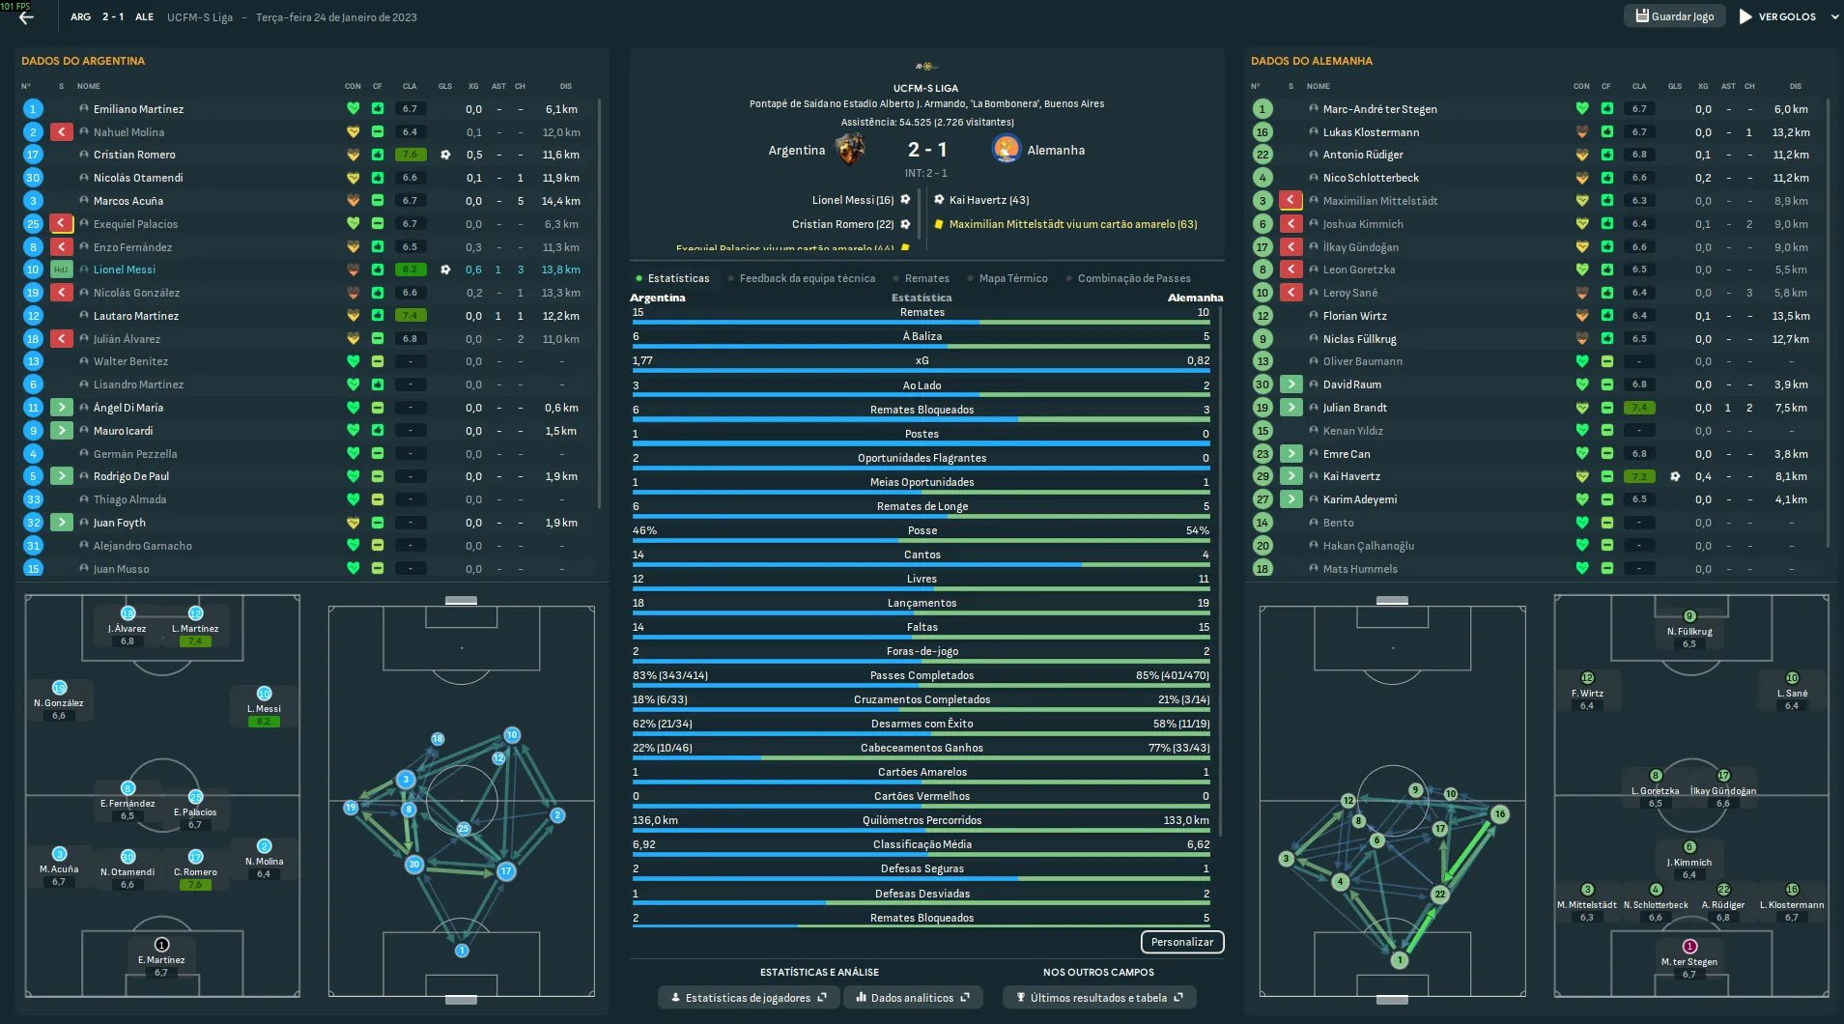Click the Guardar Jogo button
pyautogui.click(x=1675, y=16)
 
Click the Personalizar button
pyautogui.click(x=1181, y=942)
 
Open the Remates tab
pyautogui.click(x=926, y=278)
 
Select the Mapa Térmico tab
pyautogui.click(x=1012, y=278)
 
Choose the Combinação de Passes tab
pyautogui.click(x=1133, y=278)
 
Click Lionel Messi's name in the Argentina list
pyautogui.click(x=125, y=270)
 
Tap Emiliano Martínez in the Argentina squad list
pyautogui.click(x=138, y=109)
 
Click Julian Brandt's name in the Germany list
pyautogui.click(x=1354, y=408)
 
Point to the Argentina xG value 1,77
pyautogui.click(x=643, y=360)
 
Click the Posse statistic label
pyautogui.click(x=922, y=530)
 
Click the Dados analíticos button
pyautogui.click(x=912, y=998)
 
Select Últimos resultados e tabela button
pyautogui.click(x=1098, y=998)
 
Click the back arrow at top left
pyautogui.click(x=26, y=17)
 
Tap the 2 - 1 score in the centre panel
pyautogui.click(x=927, y=150)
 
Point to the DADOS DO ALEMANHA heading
pyautogui.click(x=1311, y=61)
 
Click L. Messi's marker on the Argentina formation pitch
pyautogui.click(x=264, y=695)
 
